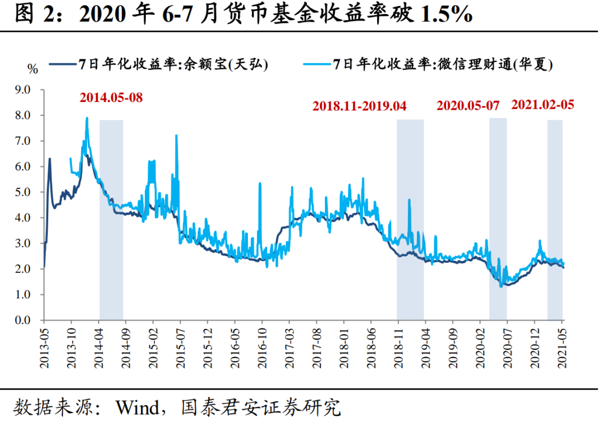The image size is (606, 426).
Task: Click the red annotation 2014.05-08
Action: coord(111,98)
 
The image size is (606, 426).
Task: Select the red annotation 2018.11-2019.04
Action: coord(360,105)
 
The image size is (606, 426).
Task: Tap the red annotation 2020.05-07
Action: coord(468,105)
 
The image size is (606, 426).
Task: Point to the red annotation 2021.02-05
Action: coord(543,104)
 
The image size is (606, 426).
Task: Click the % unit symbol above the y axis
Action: coord(33,70)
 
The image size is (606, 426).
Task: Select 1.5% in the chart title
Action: coord(444,16)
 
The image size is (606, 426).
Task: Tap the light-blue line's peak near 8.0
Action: coord(87,118)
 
